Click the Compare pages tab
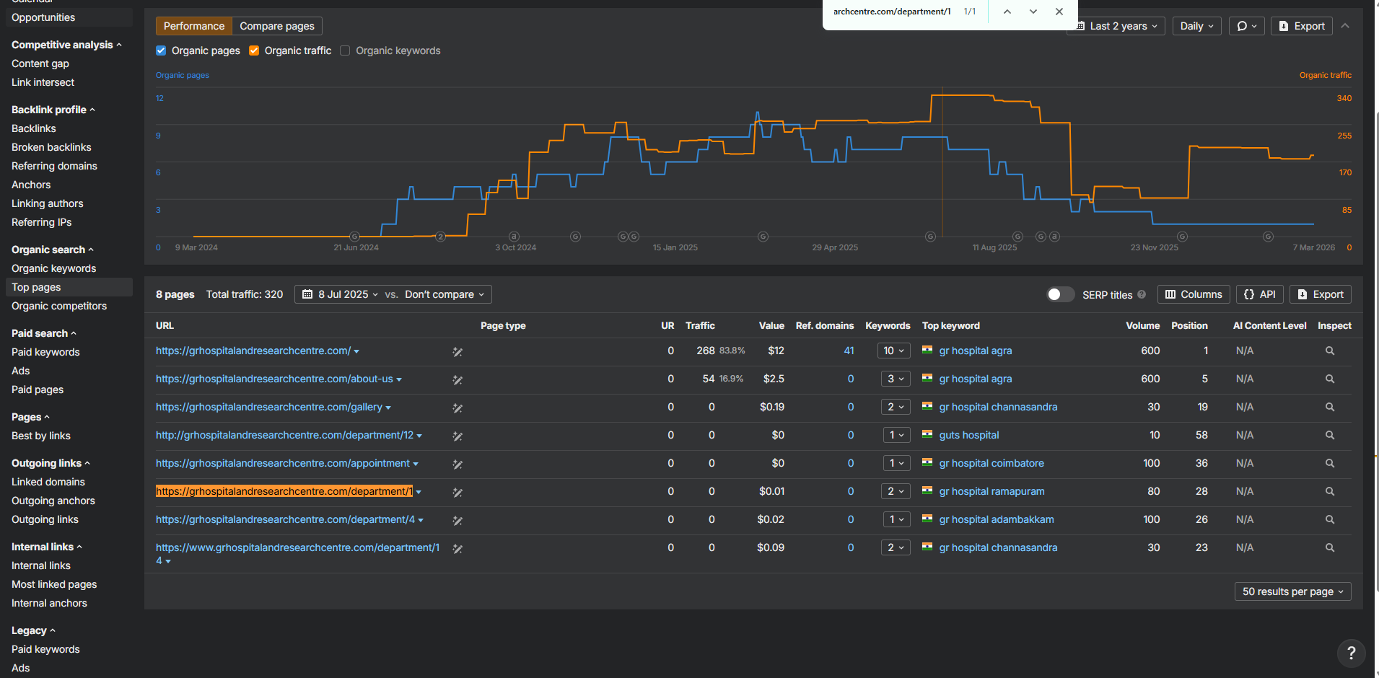tap(277, 26)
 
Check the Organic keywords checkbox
tap(345, 50)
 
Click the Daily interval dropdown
tap(1196, 26)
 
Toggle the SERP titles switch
tap(1060, 294)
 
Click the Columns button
tap(1194, 294)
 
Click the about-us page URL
tap(274, 379)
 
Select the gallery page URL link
tap(269, 407)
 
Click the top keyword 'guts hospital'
tap(969, 435)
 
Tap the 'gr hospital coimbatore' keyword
tap(991, 463)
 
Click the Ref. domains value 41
tap(849, 351)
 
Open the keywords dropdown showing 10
tap(893, 351)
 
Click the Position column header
tap(1189, 325)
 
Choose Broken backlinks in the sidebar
tap(51, 147)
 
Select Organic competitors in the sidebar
tap(59, 306)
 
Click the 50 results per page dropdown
tap(1292, 591)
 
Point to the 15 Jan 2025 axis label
tap(675, 247)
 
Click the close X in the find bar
tap(1059, 12)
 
